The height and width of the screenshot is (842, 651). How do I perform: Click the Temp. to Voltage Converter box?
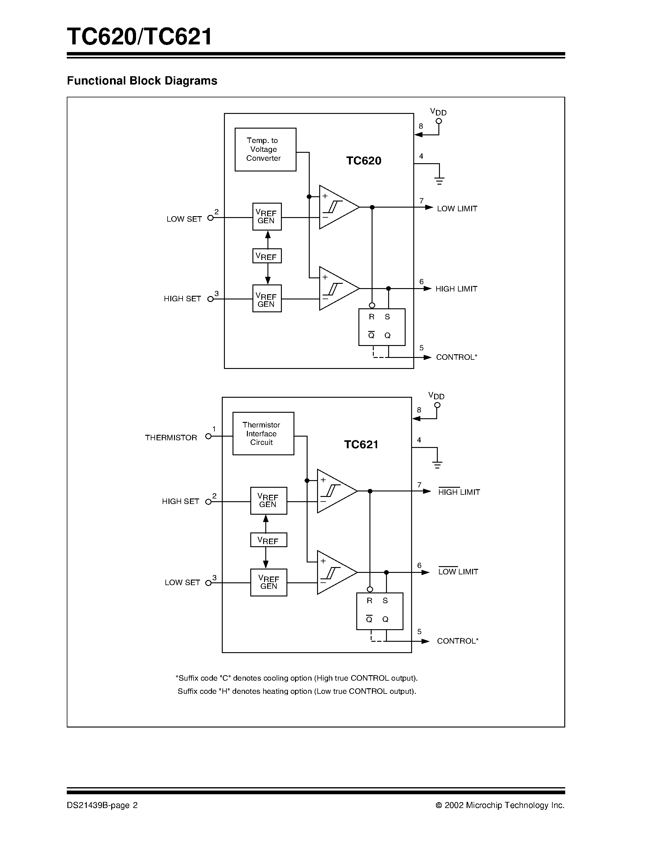point(265,150)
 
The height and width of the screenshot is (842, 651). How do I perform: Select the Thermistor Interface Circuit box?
point(263,433)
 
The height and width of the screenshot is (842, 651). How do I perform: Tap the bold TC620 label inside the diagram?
point(363,161)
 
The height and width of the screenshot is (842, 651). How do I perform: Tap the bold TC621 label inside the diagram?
point(361,445)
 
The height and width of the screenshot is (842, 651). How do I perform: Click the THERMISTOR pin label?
point(171,438)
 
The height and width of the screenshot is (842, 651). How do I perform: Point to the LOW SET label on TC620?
point(184,219)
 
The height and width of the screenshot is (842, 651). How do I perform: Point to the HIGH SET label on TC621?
point(180,502)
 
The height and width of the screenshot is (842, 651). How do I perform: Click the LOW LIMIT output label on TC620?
point(457,209)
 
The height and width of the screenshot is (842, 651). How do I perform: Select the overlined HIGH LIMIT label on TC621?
point(459,492)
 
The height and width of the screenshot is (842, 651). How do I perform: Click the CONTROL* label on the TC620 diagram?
point(457,357)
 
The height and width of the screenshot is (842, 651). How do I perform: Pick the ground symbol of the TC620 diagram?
point(439,180)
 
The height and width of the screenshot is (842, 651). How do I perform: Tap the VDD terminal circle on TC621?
point(437,405)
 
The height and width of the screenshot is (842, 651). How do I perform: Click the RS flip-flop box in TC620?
point(381,327)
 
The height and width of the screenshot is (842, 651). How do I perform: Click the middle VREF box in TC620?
point(267,256)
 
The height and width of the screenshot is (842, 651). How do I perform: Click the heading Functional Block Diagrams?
point(142,81)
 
